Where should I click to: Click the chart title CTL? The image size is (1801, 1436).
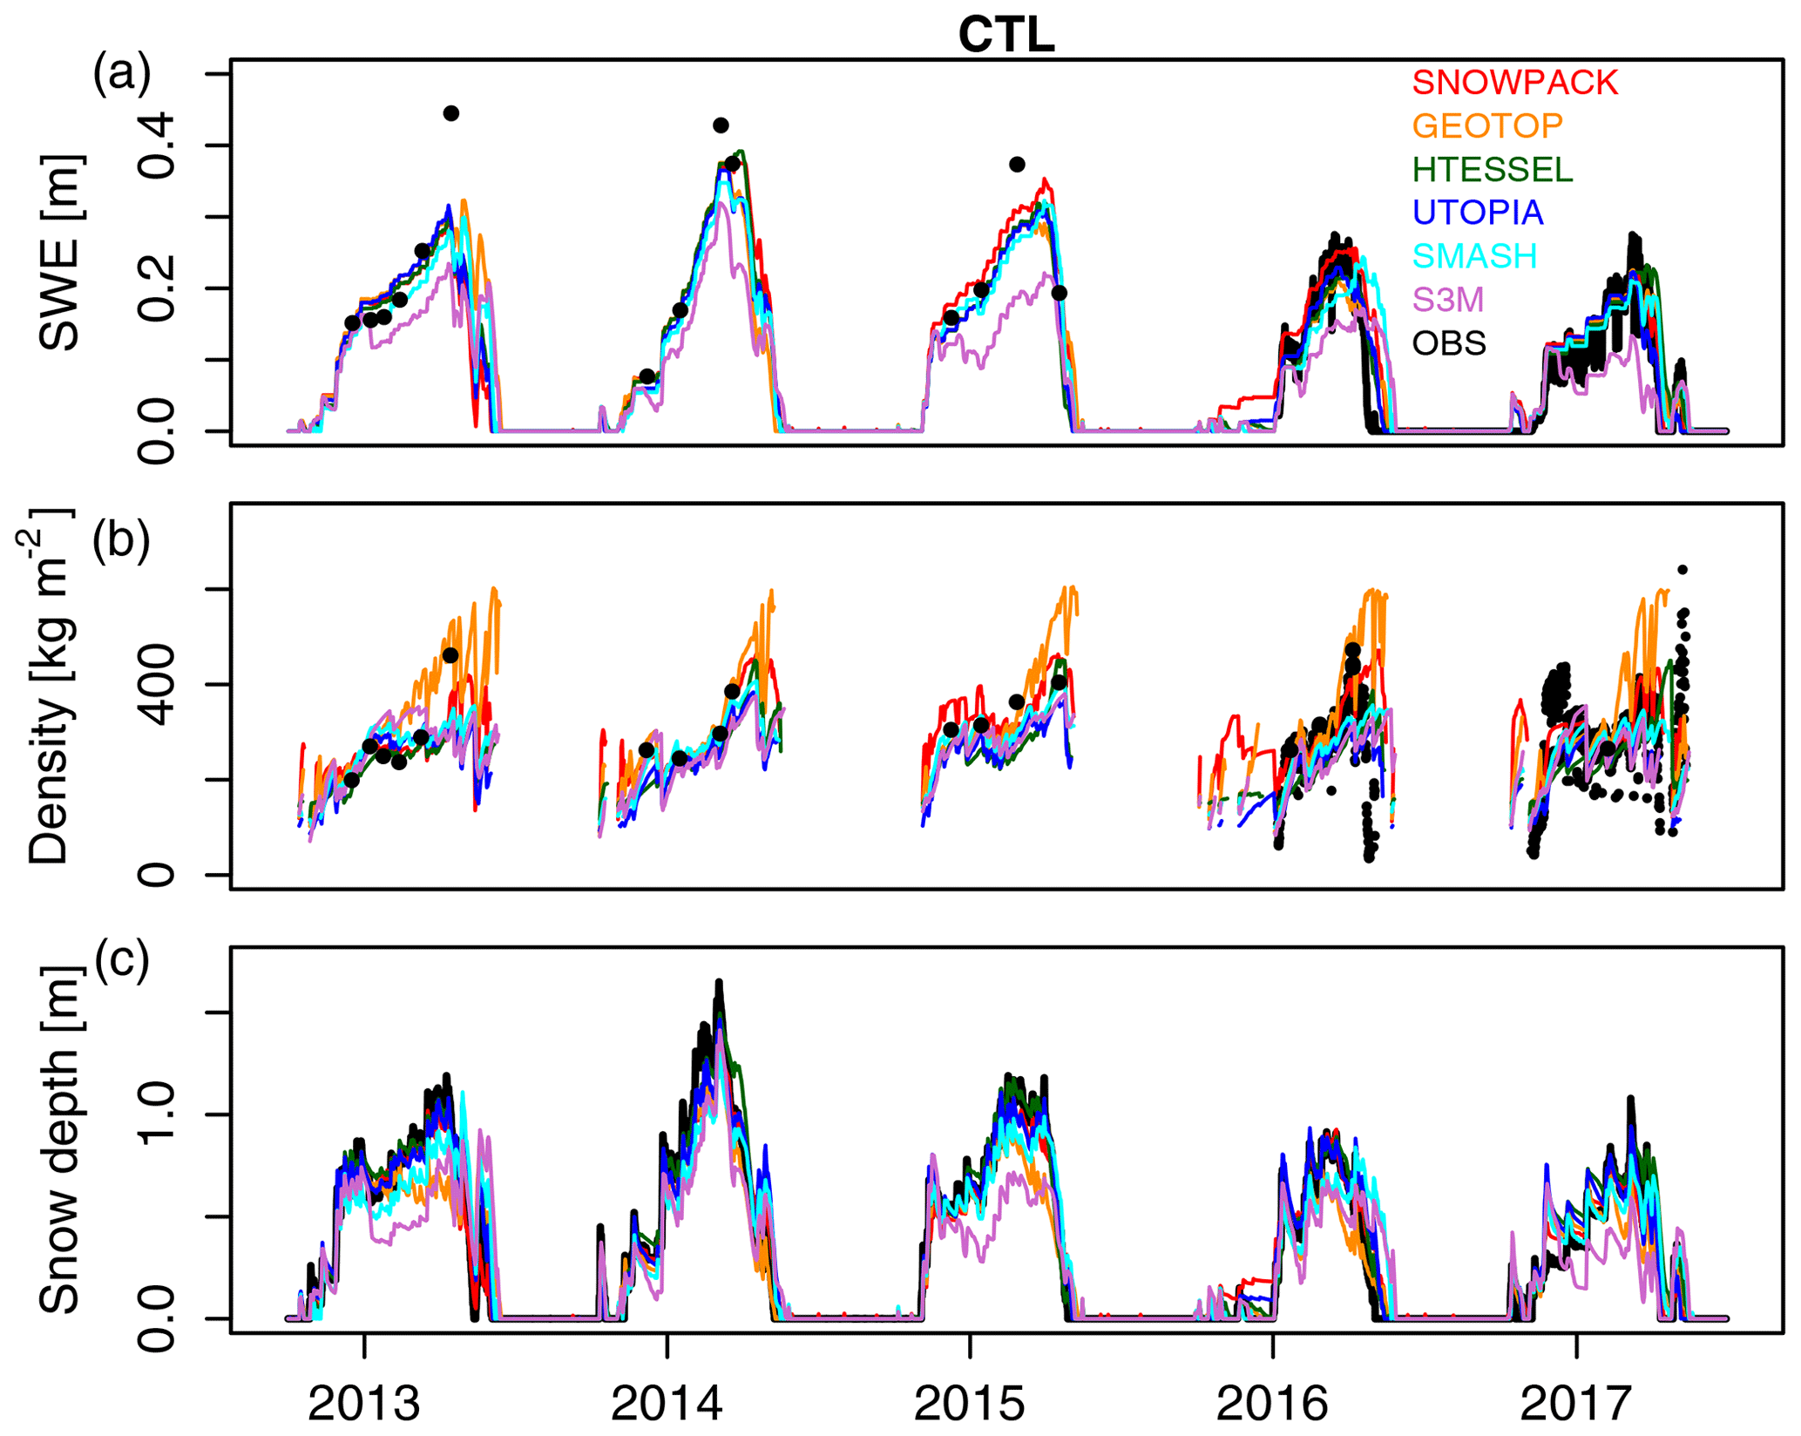[x=1006, y=36]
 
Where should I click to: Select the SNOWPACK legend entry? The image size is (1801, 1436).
[x=1514, y=83]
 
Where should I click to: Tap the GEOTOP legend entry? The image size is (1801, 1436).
[x=1487, y=126]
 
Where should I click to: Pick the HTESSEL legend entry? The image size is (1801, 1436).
[x=1493, y=170]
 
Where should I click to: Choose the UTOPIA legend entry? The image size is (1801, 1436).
[x=1478, y=213]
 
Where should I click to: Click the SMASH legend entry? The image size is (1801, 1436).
[x=1474, y=256]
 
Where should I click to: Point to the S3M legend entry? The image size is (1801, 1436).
[x=1447, y=300]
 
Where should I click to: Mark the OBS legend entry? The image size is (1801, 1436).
[x=1449, y=343]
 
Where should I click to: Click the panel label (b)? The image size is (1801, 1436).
[x=121, y=540]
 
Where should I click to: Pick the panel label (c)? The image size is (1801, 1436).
[x=121, y=961]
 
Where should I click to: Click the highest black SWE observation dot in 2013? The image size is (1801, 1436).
[x=450, y=113]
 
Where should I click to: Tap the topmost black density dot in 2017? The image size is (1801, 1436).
[x=1683, y=570]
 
